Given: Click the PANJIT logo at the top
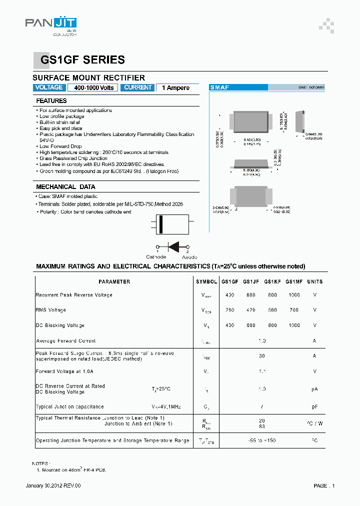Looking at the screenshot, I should point(50,24).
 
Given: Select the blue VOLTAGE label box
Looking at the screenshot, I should point(49,87).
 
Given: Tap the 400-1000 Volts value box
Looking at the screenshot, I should point(93,87).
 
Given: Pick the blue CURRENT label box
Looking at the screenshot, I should point(137,87).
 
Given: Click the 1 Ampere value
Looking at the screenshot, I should point(175,88).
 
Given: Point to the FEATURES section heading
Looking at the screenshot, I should point(51,101).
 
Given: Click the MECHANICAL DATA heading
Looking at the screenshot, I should point(65,187).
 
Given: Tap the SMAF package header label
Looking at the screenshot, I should point(219,87).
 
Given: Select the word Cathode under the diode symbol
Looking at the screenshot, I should point(156,257).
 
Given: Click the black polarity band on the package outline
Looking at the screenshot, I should point(161,224).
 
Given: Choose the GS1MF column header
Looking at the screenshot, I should point(294,282).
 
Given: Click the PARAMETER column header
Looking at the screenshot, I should point(114,282).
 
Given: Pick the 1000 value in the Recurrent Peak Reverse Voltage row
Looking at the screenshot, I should point(294,295).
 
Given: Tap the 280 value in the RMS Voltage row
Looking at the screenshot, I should point(229,310).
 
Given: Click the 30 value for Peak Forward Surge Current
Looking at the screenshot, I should point(261,356).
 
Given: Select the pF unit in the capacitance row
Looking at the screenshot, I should point(314,407).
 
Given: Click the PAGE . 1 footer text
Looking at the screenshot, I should point(324,485).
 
